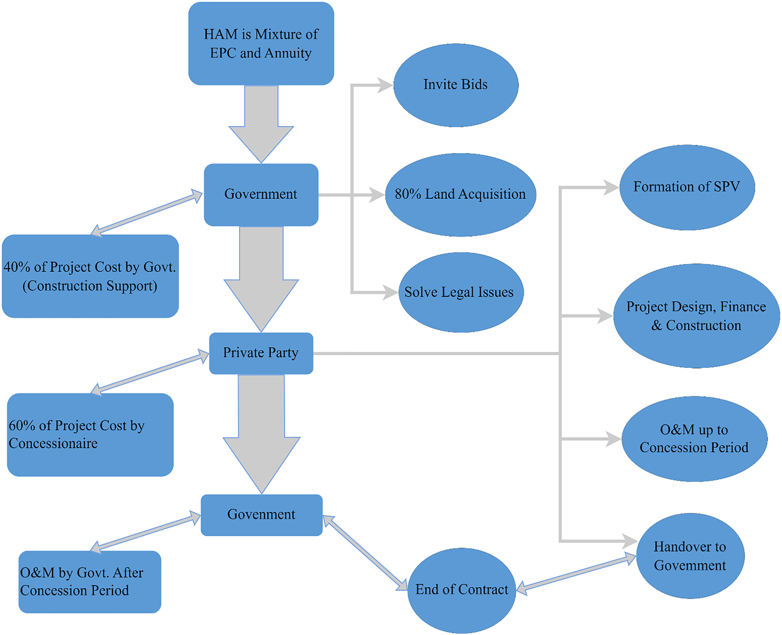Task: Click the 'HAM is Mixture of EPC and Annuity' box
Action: point(261,43)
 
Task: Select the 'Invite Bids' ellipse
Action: point(456,85)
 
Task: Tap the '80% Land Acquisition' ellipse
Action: point(460,195)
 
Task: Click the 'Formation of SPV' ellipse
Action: point(687,187)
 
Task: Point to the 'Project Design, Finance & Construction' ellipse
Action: point(696,316)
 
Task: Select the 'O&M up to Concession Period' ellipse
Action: point(694,439)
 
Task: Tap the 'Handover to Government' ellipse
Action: point(690,556)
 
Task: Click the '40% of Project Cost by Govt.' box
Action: point(90,276)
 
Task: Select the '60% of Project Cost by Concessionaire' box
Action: point(90,435)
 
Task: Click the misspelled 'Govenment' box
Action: point(262,515)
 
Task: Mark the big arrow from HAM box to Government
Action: point(261,124)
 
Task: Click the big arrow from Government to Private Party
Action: point(261,279)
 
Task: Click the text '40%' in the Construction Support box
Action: point(17,267)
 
